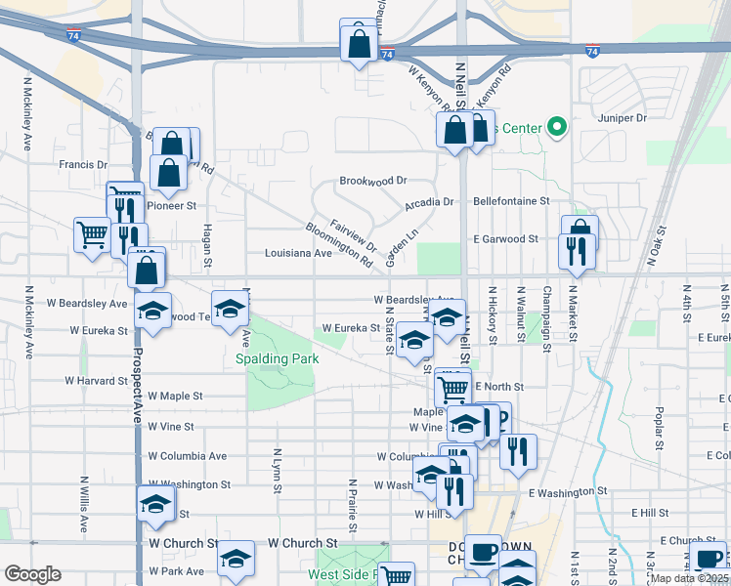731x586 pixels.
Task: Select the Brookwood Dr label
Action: pos(372,181)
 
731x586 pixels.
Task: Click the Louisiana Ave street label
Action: pos(298,252)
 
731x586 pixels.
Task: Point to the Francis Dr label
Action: pos(83,165)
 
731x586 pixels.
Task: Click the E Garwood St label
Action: pos(505,238)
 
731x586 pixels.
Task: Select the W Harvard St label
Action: pos(97,380)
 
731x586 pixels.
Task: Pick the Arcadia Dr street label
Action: pos(430,203)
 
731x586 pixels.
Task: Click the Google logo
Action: pos(32,574)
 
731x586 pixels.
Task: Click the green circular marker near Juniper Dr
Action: pos(558,127)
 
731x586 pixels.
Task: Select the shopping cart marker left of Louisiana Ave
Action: pos(92,233)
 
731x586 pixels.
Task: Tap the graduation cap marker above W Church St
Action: pos(155,503)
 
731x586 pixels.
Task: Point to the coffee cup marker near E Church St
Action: pos(709,559)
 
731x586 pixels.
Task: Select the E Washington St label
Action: pos(568,492)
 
